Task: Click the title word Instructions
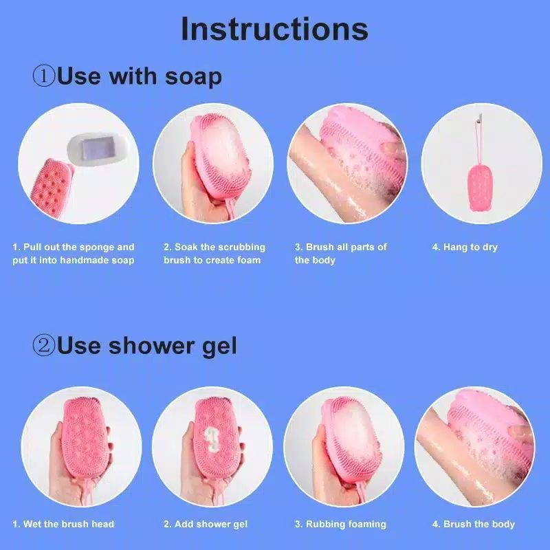(x=274, y=30)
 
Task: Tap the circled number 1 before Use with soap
(x=43, y=76)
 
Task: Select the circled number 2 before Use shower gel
(x=43, y=346)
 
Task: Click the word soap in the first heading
(x=193, y=76)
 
